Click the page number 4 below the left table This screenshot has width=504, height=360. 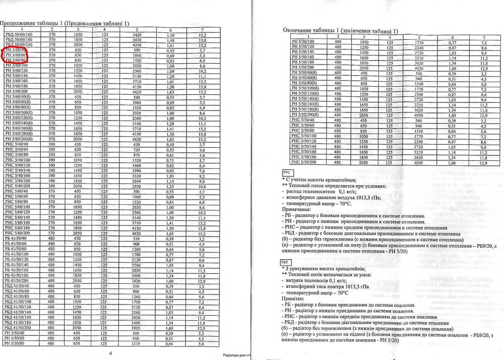[x=110, y=353]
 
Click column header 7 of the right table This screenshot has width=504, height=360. [x=482, y=37]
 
